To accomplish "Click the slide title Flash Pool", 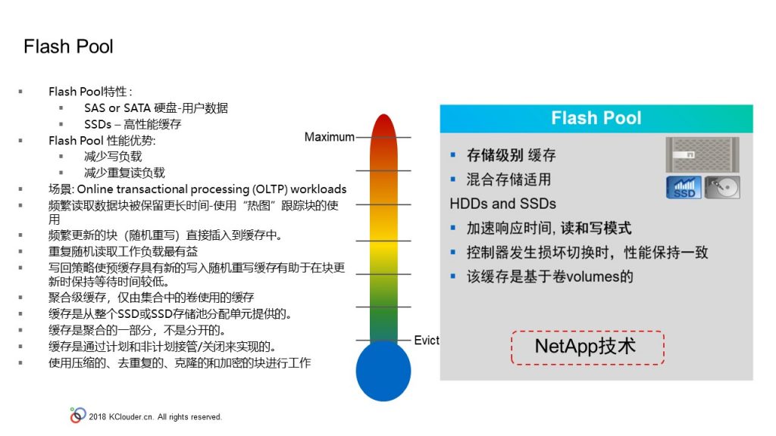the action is [68, 46].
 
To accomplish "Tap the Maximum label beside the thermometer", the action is [329, 137].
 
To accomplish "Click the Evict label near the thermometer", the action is [427, 340].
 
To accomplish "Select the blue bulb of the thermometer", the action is [383, 371].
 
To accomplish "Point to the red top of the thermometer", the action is [383, 129].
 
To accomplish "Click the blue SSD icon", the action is [684, 188].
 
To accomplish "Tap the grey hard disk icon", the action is [722, 188].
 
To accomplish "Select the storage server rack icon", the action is [702, 154].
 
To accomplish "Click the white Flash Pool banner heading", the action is [596, 118].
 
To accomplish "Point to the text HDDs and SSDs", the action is [503, 204].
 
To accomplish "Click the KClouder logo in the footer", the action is [78, 416].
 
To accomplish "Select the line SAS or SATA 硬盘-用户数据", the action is [156, 107].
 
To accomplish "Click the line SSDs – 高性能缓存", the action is [133, 124].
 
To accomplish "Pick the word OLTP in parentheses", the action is [271, 188].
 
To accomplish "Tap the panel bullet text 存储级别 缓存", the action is [512, 155].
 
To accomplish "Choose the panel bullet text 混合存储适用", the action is [508, 179].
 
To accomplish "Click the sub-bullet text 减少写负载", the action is [113, 156].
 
